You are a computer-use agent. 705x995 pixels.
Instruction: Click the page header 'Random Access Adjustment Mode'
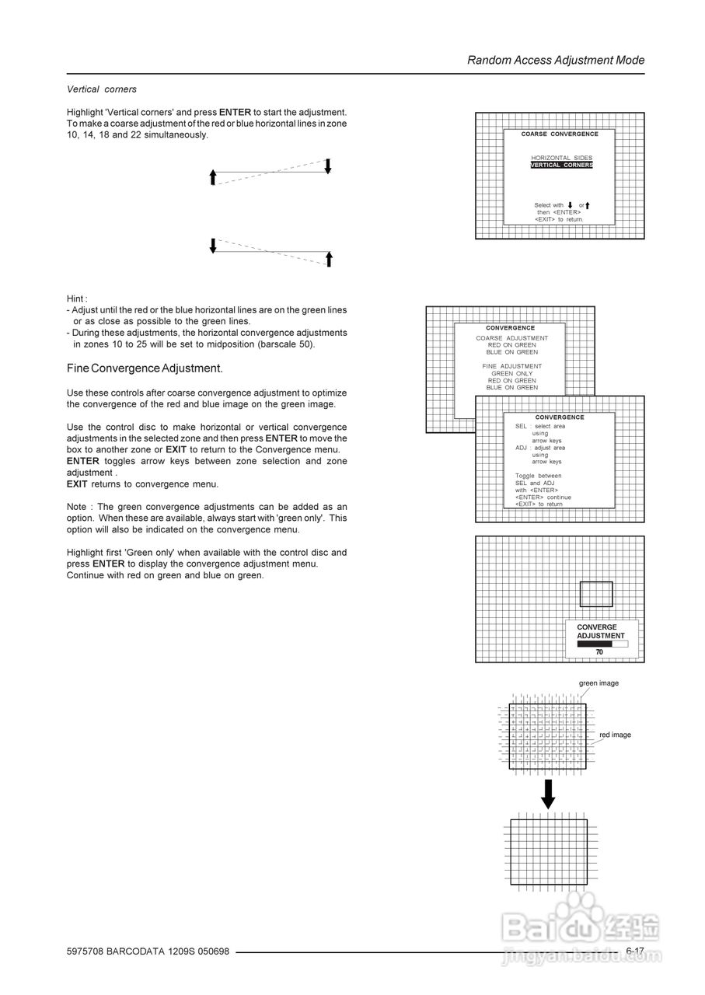[x=556, y=60]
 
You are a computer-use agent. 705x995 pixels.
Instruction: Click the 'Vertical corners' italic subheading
[x=101, y=89]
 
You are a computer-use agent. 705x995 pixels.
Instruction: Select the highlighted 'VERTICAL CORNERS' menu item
[x=561, y=165]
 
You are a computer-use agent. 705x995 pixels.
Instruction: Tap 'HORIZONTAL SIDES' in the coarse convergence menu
[x=561, y=158]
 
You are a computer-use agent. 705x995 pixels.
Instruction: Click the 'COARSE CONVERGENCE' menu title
[x=560, y=134]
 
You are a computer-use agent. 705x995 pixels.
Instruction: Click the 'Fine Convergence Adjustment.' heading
[x=145, y=368]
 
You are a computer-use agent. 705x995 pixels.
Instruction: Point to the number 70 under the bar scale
[x=599, y=652]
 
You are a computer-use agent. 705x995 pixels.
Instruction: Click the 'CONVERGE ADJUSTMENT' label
[x=600, y=631]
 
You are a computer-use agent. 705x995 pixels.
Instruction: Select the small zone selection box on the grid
[x=596, y=594]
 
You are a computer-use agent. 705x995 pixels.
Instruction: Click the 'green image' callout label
[x=599, y=683]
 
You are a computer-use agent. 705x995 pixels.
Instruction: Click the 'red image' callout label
[x=615, y=735]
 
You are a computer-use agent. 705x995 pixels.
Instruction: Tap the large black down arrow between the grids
[x=548, y=794]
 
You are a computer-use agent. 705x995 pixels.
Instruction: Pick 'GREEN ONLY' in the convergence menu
[x=511, y=373]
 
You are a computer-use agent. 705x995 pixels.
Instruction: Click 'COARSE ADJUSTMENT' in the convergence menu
[x=511, y=338]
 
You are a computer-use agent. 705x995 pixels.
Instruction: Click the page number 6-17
[x=635, y=951]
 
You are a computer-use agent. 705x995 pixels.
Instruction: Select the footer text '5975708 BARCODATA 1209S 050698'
[x=148, y=952]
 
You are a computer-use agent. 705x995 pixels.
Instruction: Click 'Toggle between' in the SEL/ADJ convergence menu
[x=538, y=476]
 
